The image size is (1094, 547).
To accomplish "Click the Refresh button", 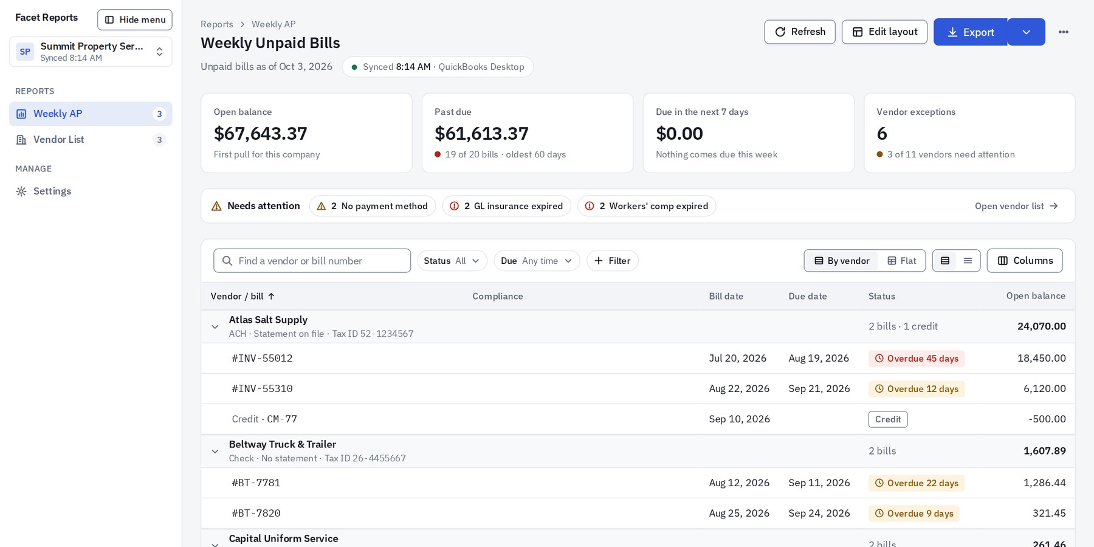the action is tap(799, 32).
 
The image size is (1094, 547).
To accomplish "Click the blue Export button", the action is tap(971, 32).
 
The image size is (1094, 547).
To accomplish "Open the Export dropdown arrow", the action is tap(1027, 32).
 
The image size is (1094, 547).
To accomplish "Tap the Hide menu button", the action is tap(135, 19).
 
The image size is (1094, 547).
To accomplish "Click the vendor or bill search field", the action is tap(312, 261).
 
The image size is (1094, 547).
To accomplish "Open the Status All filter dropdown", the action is tap(452, 261).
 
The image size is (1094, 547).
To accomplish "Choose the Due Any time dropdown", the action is tap(537, 261).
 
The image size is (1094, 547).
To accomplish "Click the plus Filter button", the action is tap(613, 261).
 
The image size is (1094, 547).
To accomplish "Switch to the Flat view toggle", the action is tap(902, 261).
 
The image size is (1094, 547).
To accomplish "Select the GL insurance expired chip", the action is tap(507, 206).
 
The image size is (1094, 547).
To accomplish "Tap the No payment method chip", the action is tap(373, 206).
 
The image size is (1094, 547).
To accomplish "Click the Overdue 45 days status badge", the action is tap(917, 359).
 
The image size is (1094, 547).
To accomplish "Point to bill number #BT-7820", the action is tap(256, 514).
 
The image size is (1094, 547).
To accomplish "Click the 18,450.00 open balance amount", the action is tap(1042, 359).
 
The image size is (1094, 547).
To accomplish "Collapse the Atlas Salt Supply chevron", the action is tap(215, 327).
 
